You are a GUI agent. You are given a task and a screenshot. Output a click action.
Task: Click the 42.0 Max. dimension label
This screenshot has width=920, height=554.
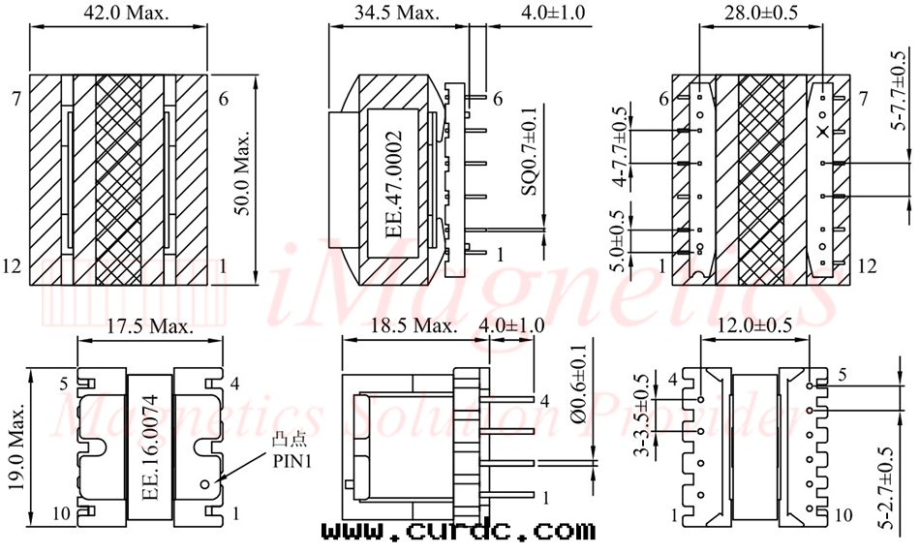pos(126,13)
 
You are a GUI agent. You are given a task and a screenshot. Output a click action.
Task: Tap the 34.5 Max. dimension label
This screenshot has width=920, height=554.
pos(397,13)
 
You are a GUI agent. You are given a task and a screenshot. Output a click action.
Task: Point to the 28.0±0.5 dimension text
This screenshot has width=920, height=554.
pos(761,13)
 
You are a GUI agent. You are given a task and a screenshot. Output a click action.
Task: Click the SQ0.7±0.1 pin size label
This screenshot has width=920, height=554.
pos(529,151)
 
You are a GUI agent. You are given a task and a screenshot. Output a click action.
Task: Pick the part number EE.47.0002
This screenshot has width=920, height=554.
pos(394,184)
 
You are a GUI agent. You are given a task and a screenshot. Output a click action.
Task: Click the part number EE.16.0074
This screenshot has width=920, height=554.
pos(151,447)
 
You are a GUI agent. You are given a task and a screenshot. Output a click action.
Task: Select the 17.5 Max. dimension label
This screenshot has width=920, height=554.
pos(149,326)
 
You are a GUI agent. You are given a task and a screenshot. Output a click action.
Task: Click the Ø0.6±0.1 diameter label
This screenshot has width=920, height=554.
pos(578,384)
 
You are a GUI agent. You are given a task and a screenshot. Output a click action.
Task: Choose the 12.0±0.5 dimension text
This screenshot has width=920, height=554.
pos(755,325)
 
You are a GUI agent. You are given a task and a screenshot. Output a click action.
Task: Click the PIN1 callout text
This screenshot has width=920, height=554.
pos(292,461)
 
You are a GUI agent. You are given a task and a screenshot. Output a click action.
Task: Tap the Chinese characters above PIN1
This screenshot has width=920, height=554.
pos(290,441)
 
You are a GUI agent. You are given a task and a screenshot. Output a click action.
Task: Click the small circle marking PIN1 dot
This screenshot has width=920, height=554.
pos(204,484)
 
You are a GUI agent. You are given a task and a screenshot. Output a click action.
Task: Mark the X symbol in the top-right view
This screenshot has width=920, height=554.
pos(824,132)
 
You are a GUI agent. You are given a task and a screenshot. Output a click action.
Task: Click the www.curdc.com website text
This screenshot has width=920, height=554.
pos(458,531)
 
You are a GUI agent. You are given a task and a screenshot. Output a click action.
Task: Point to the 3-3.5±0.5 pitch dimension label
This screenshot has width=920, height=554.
pos(643,415)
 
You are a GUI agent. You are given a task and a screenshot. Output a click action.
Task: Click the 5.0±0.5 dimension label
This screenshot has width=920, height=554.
pos(617,241)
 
